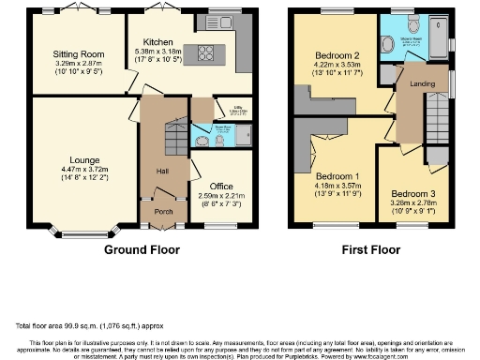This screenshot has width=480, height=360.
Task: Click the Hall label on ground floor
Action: point(161,170)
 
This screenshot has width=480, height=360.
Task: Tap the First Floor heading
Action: point(373,250)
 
